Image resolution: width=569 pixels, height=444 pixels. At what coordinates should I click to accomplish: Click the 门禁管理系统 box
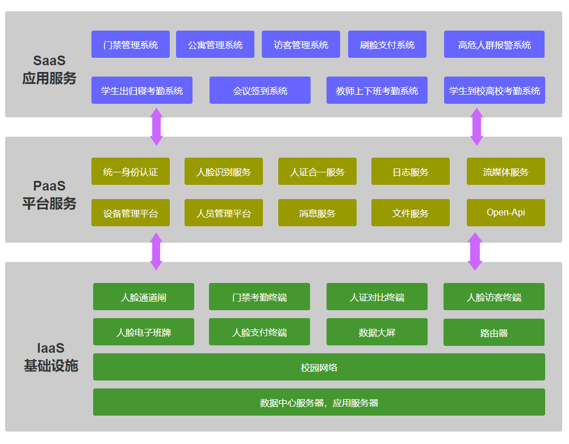(x=130, y=44)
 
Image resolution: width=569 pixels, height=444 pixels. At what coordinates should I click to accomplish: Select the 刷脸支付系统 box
(x=387, y=44)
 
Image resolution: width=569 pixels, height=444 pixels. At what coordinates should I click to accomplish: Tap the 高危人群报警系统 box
(x=494, y=44)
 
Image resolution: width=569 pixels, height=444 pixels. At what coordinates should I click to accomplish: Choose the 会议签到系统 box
(x=260, y=90)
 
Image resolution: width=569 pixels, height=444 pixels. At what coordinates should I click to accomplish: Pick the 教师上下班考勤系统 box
(x=377, y=90)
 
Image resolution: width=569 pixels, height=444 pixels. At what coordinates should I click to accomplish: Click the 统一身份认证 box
(x=130, y=171)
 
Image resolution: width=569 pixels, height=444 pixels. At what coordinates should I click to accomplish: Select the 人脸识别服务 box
(x=224, y=171)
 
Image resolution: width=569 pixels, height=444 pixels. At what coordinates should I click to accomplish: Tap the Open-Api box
(x=506, y=213)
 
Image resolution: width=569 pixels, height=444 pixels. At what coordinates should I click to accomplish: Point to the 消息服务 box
(x=317, y=213)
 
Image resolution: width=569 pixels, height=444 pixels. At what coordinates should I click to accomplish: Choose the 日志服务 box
(x=411, y=171)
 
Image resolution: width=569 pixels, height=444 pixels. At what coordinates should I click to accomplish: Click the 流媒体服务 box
(x=506, y=171)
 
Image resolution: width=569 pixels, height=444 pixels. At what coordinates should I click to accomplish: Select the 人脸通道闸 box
(x=144, y=297)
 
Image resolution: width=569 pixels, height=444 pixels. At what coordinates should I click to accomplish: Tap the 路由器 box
(x=494, y=332)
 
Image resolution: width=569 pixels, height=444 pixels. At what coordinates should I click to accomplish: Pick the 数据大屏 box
(x=377, y=332)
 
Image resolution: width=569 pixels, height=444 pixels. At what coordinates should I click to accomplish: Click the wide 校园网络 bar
(x=319, y=367)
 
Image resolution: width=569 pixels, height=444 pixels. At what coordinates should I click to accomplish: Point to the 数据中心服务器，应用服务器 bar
(x=319, y=402)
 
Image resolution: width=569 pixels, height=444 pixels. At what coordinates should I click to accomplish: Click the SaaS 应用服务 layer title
(x=49, y=69)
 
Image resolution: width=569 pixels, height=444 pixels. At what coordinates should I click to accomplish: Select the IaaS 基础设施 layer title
(x=51, y=357)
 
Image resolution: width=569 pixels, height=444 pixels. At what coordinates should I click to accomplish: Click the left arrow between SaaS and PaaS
(x=156, y=126)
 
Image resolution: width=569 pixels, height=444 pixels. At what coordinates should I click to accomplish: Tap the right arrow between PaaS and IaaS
(x=475, y=251)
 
